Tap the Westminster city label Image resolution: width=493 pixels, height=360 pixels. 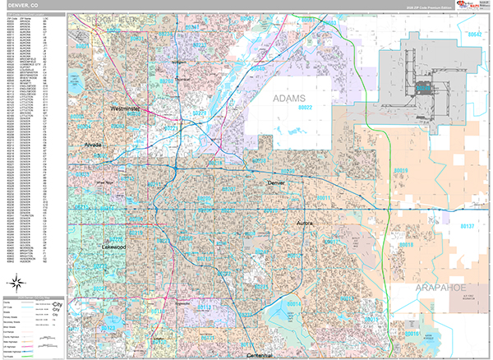pos(126,108)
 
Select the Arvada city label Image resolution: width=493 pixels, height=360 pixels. pos(92,144)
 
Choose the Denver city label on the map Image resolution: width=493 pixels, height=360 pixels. pos(280,182)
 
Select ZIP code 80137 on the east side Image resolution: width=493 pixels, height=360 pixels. pos(468,224)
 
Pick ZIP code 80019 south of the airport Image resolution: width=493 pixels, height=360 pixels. pos(401,171)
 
